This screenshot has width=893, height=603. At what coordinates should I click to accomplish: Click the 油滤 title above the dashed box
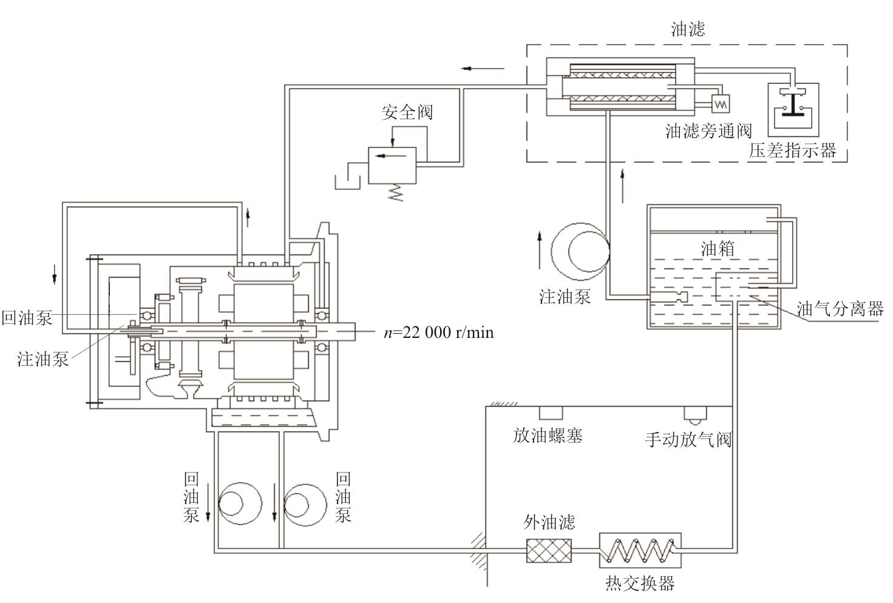click(x=688, y=29)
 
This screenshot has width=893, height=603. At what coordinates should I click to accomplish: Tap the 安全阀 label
click(x=407, y=112)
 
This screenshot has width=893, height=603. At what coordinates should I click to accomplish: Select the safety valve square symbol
click(x=392, y=165)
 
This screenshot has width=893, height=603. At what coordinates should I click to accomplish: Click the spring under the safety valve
click(x=396, y=192)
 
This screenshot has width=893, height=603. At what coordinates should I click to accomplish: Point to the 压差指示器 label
click(x=792, y=150)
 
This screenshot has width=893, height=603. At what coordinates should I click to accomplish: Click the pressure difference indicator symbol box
click(x=793, y=109)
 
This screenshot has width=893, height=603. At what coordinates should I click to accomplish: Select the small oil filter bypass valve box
click(x=721, y=104)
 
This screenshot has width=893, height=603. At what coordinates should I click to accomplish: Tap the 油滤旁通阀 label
click(x=708, y=131)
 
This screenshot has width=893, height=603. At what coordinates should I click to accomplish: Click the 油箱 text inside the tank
click(x=718, y=249)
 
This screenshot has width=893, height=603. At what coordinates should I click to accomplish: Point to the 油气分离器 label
click(x=840, y=309)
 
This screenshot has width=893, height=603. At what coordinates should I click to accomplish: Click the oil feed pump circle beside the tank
click(x=580, y=251)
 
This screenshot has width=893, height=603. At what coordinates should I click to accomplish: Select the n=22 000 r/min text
click(x=438, y=332)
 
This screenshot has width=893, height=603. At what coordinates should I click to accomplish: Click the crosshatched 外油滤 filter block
click(x=549, y=550)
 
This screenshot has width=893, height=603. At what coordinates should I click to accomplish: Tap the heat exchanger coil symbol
click(x=640, y=550)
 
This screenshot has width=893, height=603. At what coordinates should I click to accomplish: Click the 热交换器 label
click(x=640, y=584)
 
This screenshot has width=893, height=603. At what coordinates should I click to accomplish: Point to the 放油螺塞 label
click(x=548, y=436)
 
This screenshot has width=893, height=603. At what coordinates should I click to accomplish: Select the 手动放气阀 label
click(x=688, y=439)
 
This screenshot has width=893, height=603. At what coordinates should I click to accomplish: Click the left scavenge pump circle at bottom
click(x=239, y=504)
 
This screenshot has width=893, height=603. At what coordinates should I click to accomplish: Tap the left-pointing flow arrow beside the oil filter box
click(x=483, y=68)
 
